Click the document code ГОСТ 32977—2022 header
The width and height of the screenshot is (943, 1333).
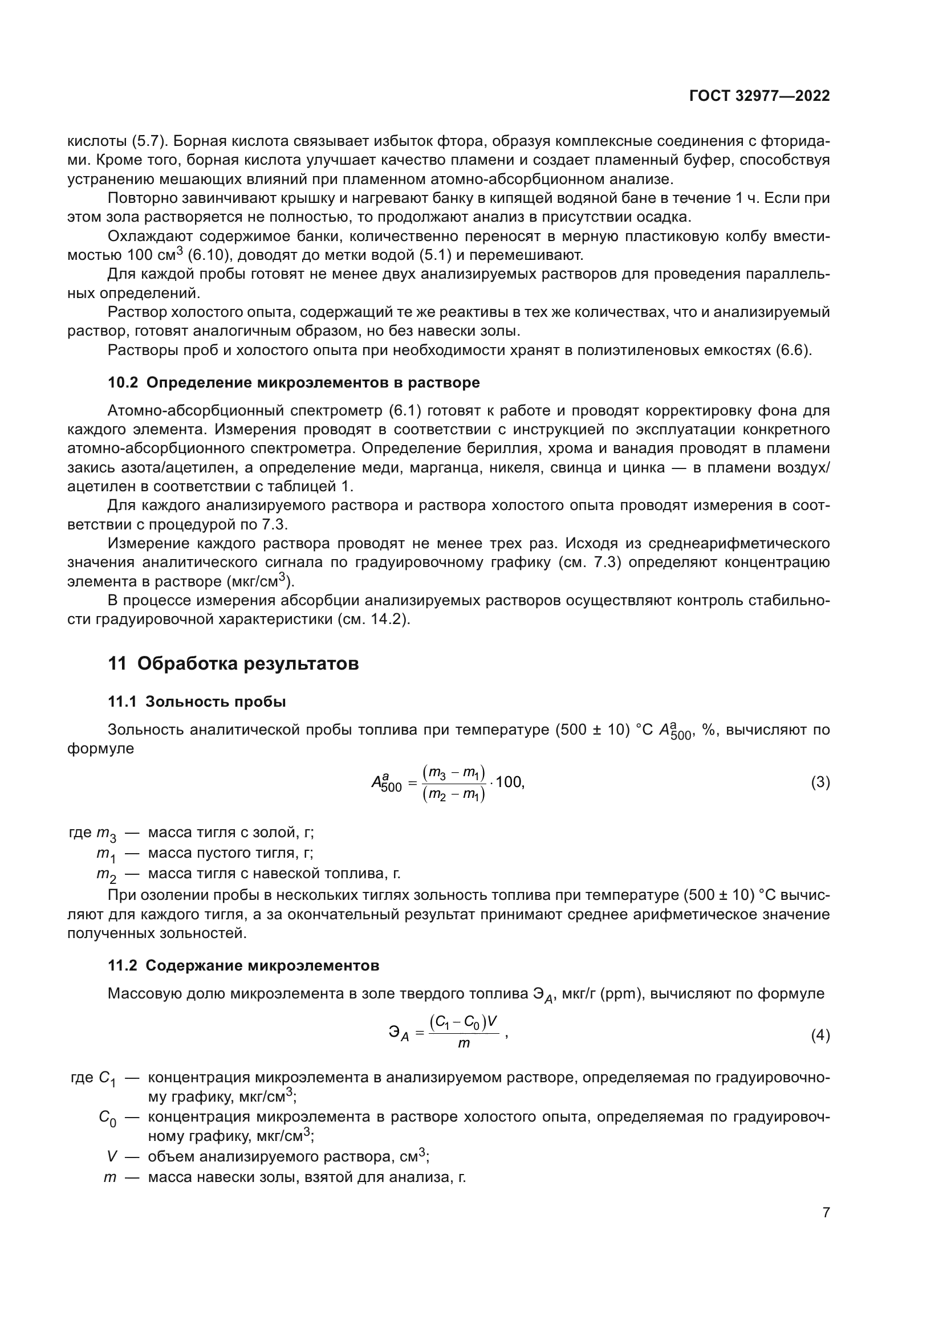click(x=759, y=96)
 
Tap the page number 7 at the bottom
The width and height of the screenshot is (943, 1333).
click(x=826, y=1212)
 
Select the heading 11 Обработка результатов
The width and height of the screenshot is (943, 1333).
click(x=233, y=663)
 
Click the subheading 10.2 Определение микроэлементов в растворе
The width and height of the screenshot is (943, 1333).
click(x=294, y=382)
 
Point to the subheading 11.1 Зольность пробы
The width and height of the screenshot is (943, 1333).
click(x=197, y=702)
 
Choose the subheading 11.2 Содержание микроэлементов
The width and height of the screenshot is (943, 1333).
click(x=243, y=965)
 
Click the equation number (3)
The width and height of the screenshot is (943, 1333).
click(x=820, y=782)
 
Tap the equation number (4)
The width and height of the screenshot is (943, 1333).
click(x=820, y=1035)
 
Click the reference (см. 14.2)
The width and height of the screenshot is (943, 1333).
click(x=373, y=619)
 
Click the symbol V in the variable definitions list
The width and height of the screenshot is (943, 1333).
click(x=112, y=1156)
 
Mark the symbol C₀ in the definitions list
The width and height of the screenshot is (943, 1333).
click(x=107, y=1118)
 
